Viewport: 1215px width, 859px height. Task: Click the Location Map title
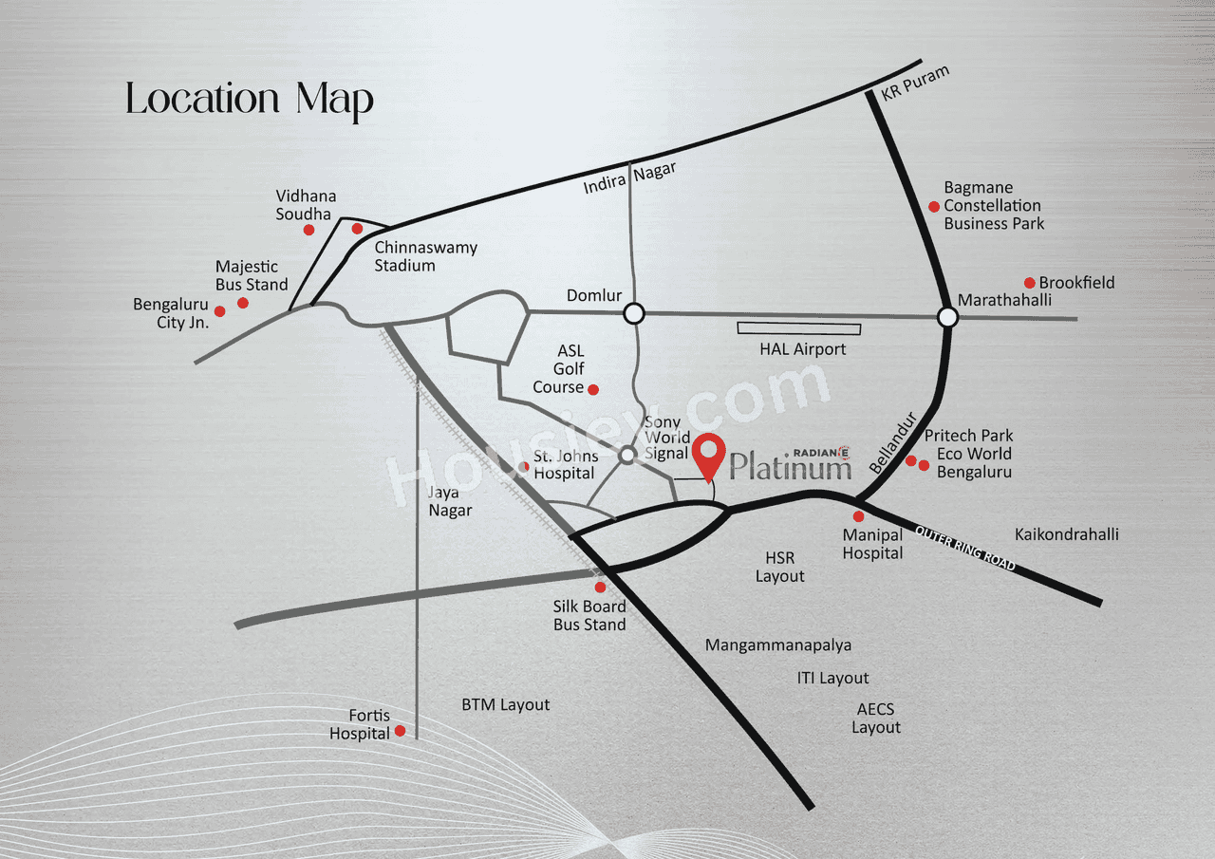(x=250, y=100)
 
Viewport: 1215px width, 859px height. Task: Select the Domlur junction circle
(x=634, y=313)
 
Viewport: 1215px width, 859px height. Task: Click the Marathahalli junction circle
(x=947, y=317)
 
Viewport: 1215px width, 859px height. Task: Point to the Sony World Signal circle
(x=627, y=457)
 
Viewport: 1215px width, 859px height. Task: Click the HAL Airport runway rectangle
(x=799, y=328)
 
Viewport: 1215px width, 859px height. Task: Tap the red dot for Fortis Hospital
(x=401, y=731)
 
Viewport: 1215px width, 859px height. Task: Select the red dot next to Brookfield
(x=1029, y=283)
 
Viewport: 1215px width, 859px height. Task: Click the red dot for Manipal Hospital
(x=859, y=516)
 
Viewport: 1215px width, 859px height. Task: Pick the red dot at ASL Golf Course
(x=593, y=389)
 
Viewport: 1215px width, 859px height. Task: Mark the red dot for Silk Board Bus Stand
(x=600, y=588)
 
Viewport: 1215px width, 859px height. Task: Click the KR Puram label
(x=915, y=84)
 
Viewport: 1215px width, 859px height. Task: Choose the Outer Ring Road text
(x=965, y=548)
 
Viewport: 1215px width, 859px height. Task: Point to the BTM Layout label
(x=506, y=705)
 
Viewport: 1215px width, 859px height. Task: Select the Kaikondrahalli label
(x=1066, y=534)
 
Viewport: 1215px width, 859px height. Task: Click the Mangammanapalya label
(x=778, y=645)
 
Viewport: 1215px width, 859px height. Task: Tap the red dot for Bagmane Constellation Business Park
(x=934, y=206)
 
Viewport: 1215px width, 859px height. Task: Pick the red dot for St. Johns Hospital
(x=524, y=466)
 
